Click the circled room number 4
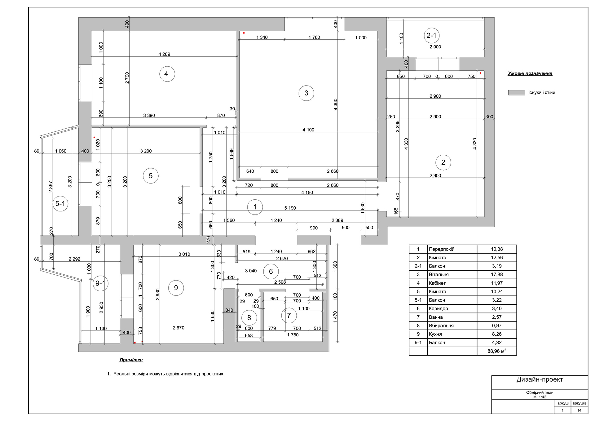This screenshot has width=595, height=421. coord(167,74)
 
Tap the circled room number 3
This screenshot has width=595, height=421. coord(306,93)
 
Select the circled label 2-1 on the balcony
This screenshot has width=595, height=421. coord(431,35)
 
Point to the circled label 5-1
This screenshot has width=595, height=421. coord(60,203)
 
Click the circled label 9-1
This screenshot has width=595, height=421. coord(100,283)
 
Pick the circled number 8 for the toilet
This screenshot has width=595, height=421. coord(249,317)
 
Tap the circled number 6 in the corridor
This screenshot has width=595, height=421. coord(271,271)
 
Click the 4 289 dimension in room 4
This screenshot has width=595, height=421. coord(164,54)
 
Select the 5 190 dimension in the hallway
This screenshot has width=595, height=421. coord(290,208)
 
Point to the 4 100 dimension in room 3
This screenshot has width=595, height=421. coord(308,130)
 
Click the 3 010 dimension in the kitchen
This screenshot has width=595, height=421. coord(184,254)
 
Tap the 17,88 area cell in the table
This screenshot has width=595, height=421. coord(497,274)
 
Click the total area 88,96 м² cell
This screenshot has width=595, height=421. coord(497,351)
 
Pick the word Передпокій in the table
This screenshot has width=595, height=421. coord(442,249)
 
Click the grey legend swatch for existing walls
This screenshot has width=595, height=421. coord(517,92)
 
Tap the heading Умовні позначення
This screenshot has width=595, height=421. coord(530,73)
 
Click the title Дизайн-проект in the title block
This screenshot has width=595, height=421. coord(540,379)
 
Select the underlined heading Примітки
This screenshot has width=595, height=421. coord(131,360)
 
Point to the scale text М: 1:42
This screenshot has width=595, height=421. coord(540,397)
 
